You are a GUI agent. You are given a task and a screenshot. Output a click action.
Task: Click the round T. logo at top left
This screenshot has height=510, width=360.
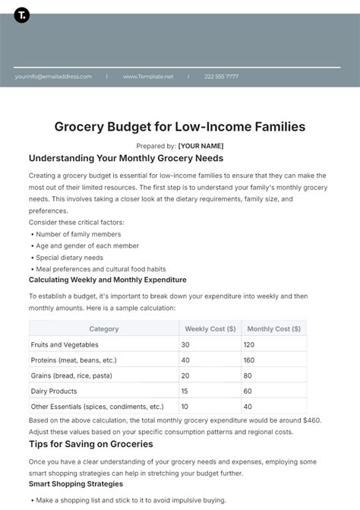(x=22, y=15)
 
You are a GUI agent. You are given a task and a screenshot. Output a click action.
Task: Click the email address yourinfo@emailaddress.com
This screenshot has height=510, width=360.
(x=52, y=76)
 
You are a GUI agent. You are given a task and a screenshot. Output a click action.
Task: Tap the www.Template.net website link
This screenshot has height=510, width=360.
(x=148, y=76)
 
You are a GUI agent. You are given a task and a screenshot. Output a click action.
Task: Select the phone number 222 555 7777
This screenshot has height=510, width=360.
(x=221, y=76)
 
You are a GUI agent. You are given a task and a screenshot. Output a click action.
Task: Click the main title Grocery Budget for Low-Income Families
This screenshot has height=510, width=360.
(x=180, y=127)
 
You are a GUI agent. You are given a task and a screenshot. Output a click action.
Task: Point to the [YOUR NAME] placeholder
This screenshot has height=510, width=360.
(x=201, y=146)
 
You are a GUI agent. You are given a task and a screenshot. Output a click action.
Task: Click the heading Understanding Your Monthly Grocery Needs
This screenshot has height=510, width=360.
(x=126, y=159)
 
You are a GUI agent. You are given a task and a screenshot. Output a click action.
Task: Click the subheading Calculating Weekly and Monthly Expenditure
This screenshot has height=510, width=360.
(x=107, y=280)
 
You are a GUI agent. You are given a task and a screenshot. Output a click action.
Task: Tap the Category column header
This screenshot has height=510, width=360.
(x=104, y=329)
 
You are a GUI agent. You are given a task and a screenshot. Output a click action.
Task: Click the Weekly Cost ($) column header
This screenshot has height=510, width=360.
(x=210, y=329)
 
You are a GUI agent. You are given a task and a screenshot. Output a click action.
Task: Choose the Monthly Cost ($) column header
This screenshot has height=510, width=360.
(x=273, y=329)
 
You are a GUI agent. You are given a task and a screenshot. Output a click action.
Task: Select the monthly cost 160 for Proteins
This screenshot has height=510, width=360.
(x=249, y=360)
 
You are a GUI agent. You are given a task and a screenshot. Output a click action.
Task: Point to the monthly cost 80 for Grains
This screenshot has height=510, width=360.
(x=248, y=375)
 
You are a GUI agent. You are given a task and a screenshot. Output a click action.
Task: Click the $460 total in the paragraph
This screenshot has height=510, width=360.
(x=310, y=420)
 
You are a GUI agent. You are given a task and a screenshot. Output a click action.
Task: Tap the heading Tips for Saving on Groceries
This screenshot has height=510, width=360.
(x=90, y=444)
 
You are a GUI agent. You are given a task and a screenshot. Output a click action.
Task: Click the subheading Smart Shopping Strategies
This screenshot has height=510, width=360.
(x=76, y=483)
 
